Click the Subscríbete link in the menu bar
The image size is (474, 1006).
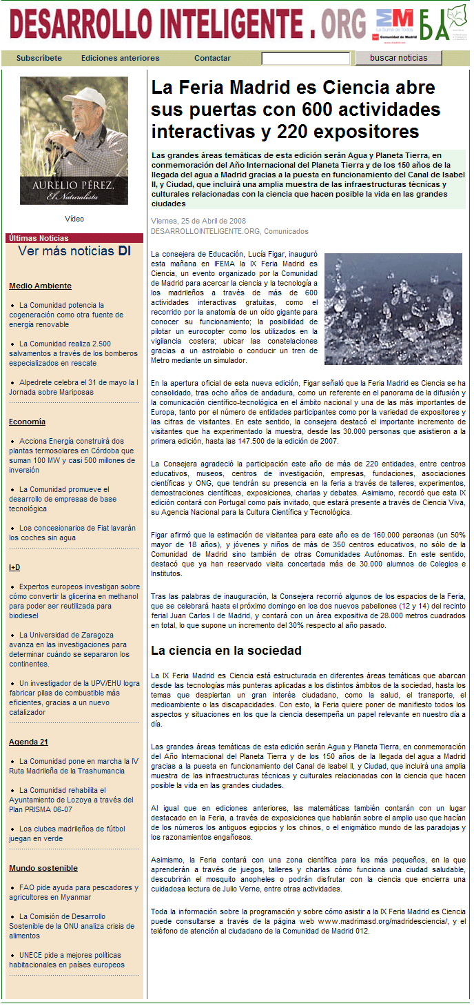pos(39,58)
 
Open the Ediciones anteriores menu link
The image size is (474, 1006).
pos(120,58)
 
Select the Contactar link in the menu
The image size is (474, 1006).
pos(212,58)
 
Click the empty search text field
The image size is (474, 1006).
pos(305,59)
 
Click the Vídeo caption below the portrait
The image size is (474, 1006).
pos(74,219)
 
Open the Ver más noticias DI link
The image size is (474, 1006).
pos(74,251)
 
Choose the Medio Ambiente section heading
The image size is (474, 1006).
pos(40,286)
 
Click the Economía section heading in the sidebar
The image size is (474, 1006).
pos(27,422)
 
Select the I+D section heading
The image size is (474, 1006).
pos(14,567)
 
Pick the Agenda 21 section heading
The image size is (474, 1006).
pos(28,742)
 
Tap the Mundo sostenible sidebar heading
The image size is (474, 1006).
pos(43,868)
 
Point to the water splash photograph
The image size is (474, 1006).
pos(393,308)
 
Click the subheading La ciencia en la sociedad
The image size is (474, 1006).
pos(226,650)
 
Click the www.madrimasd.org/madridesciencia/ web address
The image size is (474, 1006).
pos(382,921)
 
